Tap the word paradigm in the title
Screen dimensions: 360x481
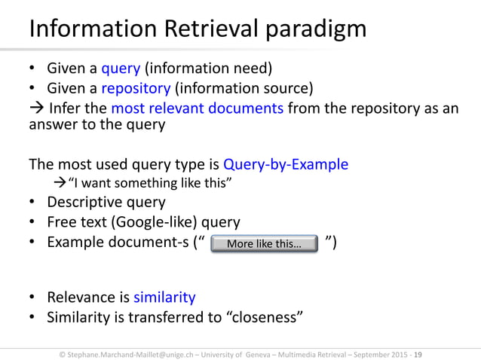coord(317,30)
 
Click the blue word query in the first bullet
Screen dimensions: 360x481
coord(121,69)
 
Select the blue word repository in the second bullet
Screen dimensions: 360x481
coord(136,89)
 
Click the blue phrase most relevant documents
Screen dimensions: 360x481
coord(197,108)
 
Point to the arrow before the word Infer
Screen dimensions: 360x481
coord(36,108)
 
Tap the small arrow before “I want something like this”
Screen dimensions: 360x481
coord(63,183)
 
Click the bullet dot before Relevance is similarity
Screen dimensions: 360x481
coord(33,297)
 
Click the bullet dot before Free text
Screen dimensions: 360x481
coord(33,222)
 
